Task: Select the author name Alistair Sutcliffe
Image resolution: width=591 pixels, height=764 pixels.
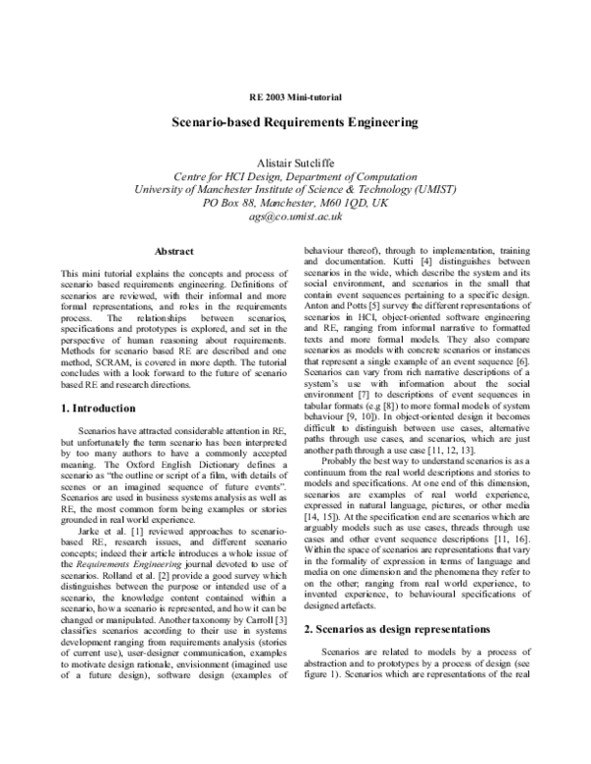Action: click(x=295, y=161)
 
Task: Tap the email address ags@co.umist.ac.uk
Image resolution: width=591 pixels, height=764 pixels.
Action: click(x=295, y=217)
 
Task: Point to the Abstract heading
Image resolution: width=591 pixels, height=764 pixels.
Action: click(x=174, y=252)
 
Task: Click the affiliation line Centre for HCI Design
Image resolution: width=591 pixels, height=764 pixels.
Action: click(x=295, y=176)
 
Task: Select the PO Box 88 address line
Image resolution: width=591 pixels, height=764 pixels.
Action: click(x=295, y=203)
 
